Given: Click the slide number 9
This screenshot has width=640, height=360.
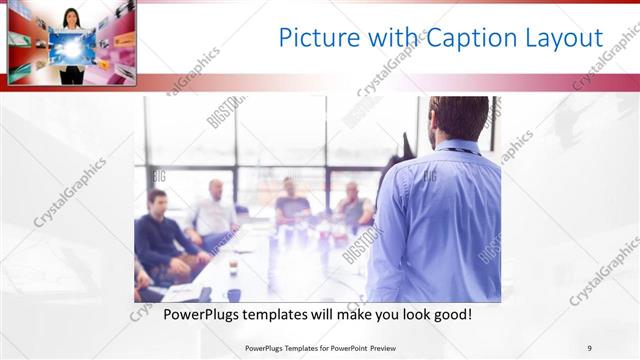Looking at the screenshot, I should click(x=590, y=348).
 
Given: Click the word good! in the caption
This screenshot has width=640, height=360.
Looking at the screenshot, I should click(x=450, y=314).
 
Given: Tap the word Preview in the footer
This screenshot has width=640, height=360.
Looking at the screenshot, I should click(x=393, y=348).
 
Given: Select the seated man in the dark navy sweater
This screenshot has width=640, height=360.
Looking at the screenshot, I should click(x=161, y=235).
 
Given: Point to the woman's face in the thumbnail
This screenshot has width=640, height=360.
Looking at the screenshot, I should click(x=72, y=18).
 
